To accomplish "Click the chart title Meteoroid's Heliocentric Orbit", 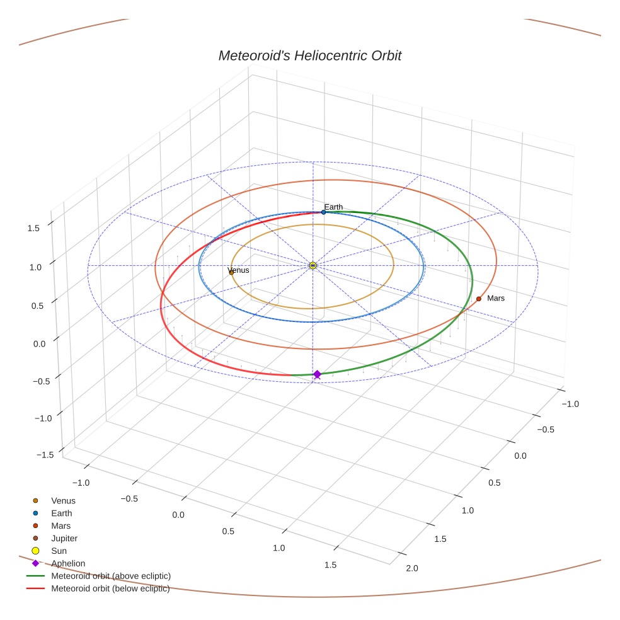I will click(x=309, y=55).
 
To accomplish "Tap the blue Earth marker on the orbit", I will click(x=324, y=212).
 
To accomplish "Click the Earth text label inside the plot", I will click(x=333, y=207).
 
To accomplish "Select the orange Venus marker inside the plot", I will click(x=231, y=272).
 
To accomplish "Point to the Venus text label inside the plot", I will click(x=238, y=270).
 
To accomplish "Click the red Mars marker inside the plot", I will click(x=479, y=299).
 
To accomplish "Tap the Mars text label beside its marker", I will click(x=496, y=298).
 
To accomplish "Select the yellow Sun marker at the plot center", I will click(x=313, y=266).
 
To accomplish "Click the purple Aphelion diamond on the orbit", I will click(x=317, y=374).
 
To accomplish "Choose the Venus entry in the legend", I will click(x=63, y=501).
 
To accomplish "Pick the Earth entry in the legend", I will click(x=61, y=514).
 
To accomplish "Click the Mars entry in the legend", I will click(x=60, y=526).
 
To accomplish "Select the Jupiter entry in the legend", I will click(x=64, y=539).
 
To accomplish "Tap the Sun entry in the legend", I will click(x=59, y=551).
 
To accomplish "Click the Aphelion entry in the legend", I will click(x=67, y=563).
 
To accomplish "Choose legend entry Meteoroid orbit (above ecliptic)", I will click(x=111, y=576).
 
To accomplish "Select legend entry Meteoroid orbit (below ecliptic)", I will click(x=110, y=588).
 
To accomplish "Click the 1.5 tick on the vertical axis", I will click(x=34, y=228).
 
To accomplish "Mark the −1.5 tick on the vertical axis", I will click(x=43, y=455).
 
